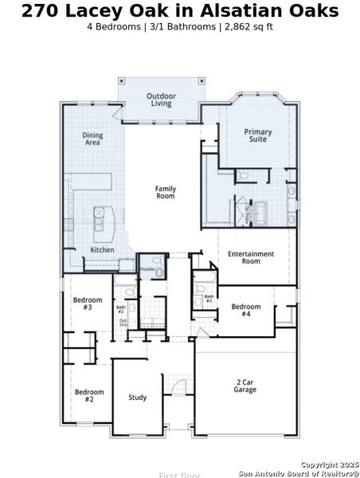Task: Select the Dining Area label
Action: (92, 139)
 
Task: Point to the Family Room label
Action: (165, 192)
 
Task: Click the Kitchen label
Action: (102, 249)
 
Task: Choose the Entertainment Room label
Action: (251, 257)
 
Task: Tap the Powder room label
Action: (147, 269)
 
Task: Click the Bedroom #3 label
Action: (88, 304)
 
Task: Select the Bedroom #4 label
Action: (245, 310)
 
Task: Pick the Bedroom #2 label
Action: (89, 395)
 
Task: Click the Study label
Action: (137, 398)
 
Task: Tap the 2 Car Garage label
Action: (245, 386)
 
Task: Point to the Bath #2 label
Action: (121, 309)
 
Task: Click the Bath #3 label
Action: (209, 300)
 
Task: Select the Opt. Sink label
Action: (123, 323)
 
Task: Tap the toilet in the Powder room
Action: (159, 272)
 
